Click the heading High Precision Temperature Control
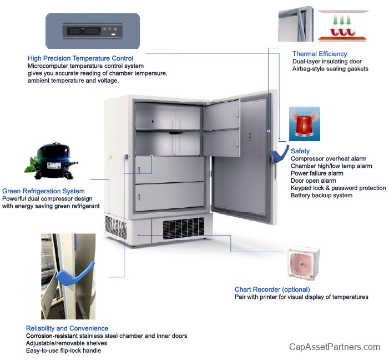click(80, 58)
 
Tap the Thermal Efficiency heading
click(320, 54)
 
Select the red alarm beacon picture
click(305, 124)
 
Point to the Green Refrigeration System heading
click(43, 191)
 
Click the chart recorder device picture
click(304, 263)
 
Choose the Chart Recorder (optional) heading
click(272, 289)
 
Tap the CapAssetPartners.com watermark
click(335, 347)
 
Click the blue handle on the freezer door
click(279, 154)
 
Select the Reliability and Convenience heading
click(67, 328)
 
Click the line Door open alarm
click(314, 181)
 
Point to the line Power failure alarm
click(317, 173)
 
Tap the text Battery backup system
click(321, 196)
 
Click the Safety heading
click(300, 151)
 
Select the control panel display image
click(93, 31)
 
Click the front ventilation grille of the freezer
click(184, 228)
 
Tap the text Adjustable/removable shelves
click(67, 343)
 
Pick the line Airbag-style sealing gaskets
click(330, 69)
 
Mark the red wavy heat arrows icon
click(342, 32)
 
